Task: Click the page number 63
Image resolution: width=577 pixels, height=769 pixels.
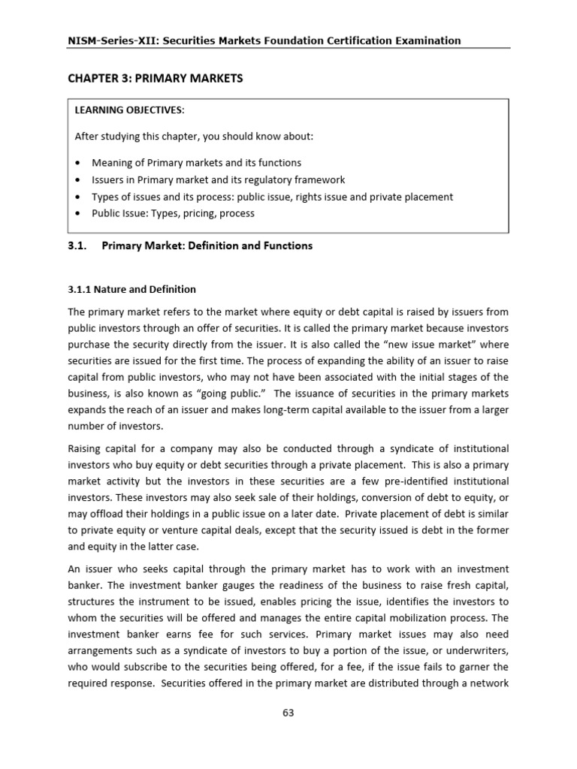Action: pyautogui.click(x=288, y=713)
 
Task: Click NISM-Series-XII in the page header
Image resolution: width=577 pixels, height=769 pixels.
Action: pyautogui.click(x=106, y=41)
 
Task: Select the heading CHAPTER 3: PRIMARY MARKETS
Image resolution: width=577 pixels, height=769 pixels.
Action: pyautogui.click(x=156, y=79)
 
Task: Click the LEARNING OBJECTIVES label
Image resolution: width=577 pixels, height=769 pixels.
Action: pyautogui.click(x=128, y=110)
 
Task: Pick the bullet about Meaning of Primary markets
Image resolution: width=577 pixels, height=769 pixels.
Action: pyautogui.click(x=196, y=162)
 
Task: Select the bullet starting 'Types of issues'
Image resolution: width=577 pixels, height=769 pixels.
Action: pyautogui.click(x=272, y=197)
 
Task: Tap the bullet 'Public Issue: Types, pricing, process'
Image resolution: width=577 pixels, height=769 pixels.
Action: pyautogui.click(x=173, y=213)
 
